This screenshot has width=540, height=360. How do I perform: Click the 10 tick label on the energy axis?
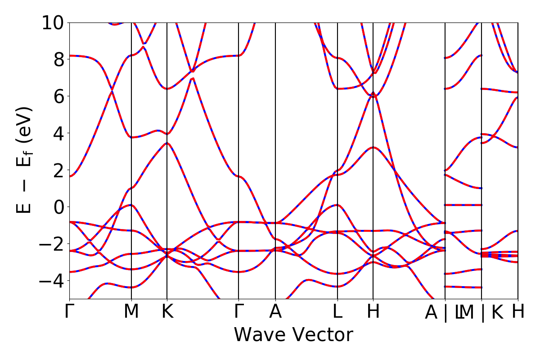(x=54, y=22)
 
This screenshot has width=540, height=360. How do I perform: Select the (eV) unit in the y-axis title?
(x=25, y=125)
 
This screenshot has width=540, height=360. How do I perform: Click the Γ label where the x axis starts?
(x=69, y=312)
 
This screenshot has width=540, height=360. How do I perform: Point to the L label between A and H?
(x=337, y=312)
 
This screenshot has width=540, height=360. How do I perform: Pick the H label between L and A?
(x=373, y=312)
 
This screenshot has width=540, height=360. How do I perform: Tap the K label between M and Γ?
(x=167, y=312)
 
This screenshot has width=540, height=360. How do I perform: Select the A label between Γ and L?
(x=275, y=312)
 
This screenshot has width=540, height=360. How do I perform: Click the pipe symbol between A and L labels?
(x=446, y=313)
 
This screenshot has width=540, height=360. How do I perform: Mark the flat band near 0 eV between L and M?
(x=463, y=205)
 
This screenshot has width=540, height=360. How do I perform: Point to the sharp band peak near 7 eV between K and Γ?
(x=193, y=78)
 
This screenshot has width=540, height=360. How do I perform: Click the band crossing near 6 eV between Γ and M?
(x=112, y=91)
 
